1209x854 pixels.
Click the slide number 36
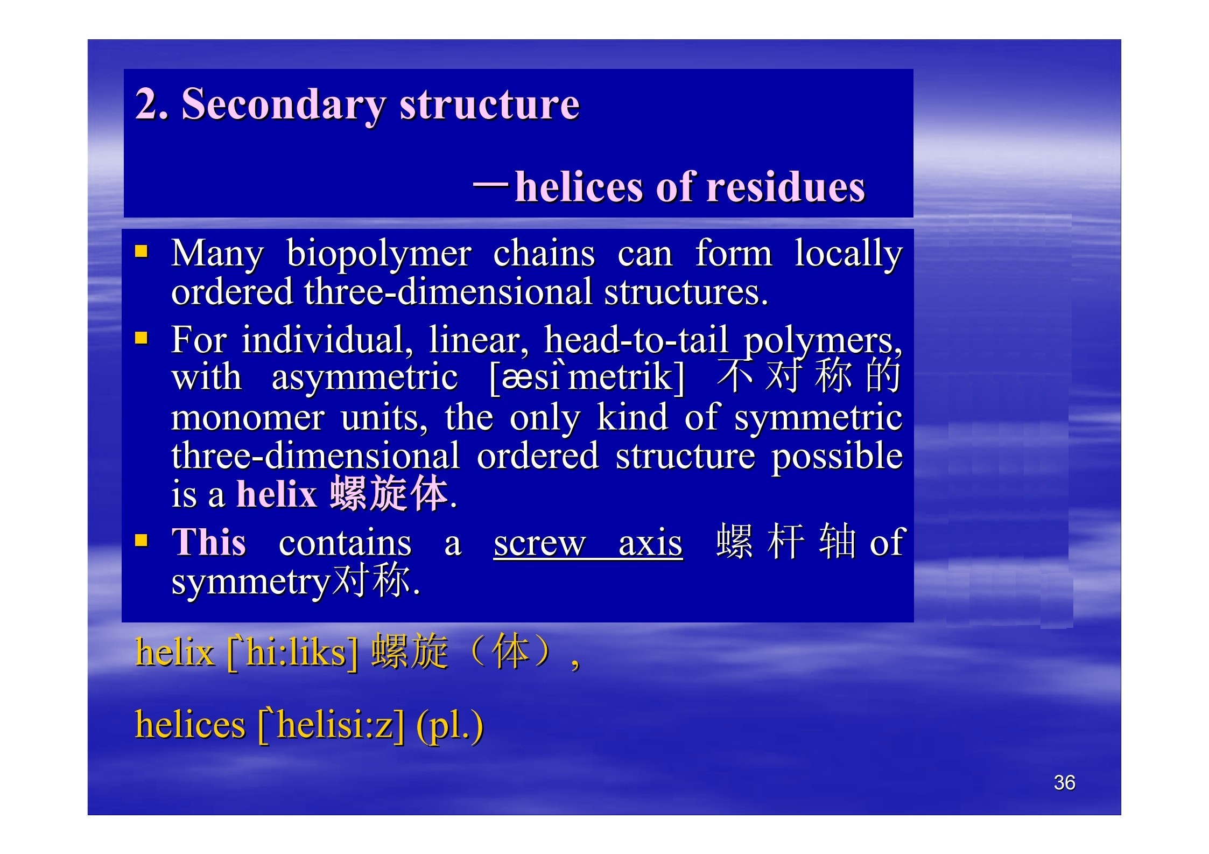click(1064, 782)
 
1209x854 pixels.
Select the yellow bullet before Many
click(141, 251)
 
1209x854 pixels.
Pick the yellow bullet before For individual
click(141, 338)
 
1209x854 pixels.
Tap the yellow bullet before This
click(141, 540)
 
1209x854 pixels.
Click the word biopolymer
click(378, 254)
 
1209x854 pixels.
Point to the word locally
click(848, 254)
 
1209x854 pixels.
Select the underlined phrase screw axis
click(588, 543)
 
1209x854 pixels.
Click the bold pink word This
click(209, 541)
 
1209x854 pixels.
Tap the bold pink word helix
click(277, 494)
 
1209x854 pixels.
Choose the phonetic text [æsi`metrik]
click(587, 377)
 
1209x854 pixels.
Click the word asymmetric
click(364, 377)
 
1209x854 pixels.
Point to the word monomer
click(248, 417)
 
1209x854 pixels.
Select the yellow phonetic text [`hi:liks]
click(292, 653)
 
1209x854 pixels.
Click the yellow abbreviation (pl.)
click(450, 725)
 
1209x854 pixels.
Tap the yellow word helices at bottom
click(190, 724)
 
